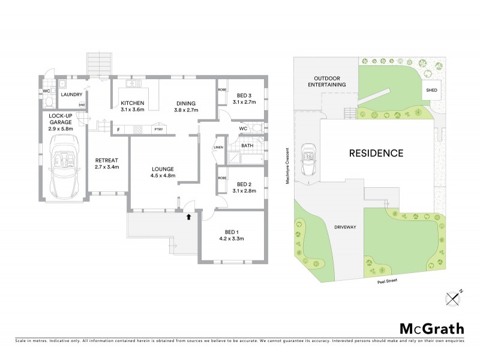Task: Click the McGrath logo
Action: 431,328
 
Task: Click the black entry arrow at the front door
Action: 189,217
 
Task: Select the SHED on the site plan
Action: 431,91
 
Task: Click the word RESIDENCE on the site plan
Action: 376,153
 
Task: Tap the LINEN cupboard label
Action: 218,148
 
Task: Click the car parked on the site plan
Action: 308,160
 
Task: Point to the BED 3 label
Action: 246,98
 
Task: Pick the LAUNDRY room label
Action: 71,94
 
